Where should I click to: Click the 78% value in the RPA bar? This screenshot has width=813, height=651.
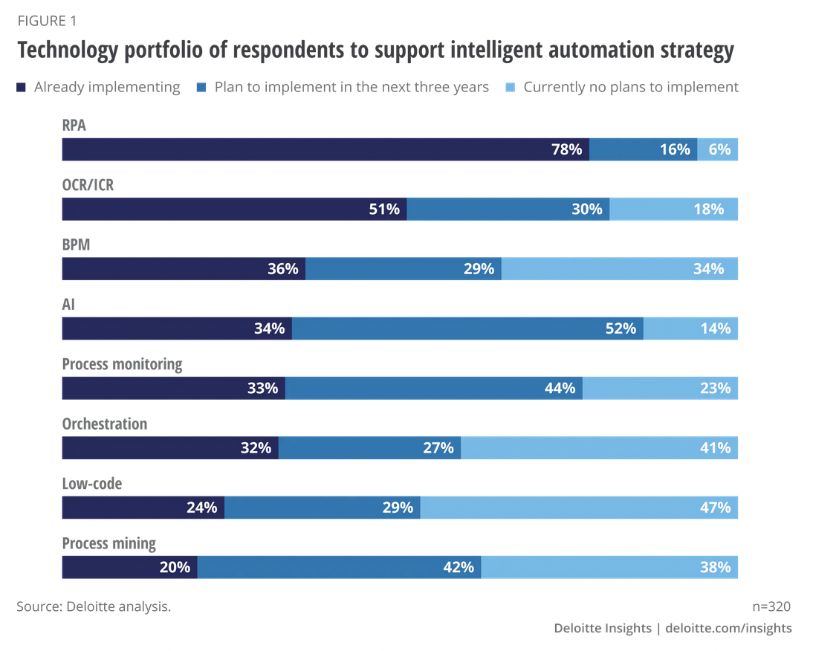566,149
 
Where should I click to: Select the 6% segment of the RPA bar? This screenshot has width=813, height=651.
718,149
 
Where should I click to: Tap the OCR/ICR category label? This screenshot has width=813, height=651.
88,185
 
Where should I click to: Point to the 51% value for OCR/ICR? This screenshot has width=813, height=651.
384,209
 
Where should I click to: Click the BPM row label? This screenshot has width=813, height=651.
76,244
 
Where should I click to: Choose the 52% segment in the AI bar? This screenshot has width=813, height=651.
467,328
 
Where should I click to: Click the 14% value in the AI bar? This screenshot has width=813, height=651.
715,328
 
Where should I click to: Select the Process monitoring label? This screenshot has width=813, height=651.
122,364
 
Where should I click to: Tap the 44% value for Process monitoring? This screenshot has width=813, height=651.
560,388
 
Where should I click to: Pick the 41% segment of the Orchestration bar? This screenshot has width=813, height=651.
599,447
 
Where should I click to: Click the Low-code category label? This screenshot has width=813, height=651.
91,484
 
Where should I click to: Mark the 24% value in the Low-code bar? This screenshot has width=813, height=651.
201,508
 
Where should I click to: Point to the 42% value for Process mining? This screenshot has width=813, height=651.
459,567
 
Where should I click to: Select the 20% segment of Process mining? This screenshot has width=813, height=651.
129,567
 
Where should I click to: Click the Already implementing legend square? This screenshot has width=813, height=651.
22,88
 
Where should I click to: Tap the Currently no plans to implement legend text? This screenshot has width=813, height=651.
631,87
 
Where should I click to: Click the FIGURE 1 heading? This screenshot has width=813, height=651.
46,20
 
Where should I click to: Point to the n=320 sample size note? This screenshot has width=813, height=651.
772,606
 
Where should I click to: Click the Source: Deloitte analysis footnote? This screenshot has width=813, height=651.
94,606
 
